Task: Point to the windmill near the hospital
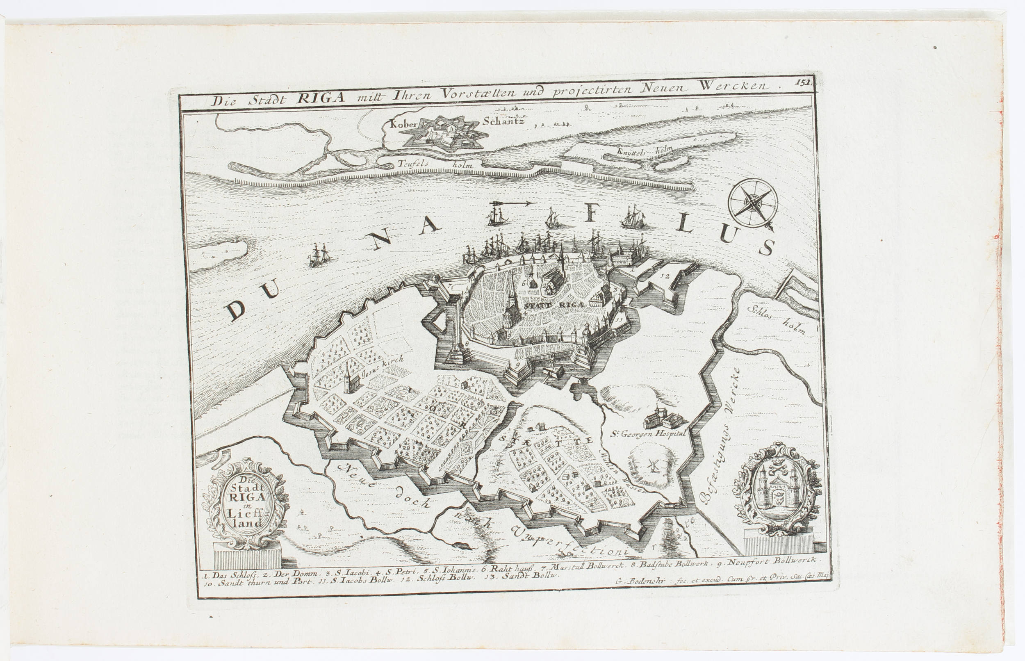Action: pyautogui.click(x=653, y=465)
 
